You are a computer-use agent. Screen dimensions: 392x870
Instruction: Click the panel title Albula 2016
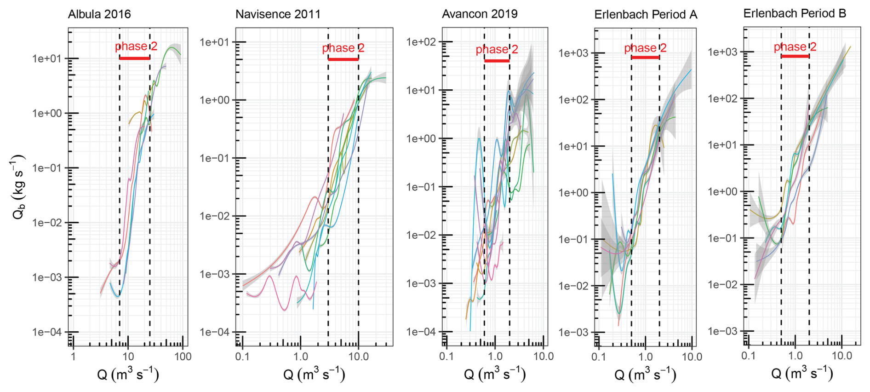click(99, 14)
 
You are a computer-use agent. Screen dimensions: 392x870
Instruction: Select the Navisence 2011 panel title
click(278, 14)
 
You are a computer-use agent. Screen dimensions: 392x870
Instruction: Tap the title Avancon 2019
click(480, 14)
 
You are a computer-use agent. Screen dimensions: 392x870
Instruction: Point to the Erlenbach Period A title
click(646, 15)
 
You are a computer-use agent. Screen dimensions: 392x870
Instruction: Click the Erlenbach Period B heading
click(795, 13)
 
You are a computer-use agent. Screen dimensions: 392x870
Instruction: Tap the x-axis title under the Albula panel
click(128, 374)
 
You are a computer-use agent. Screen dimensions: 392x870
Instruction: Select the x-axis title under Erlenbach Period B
click(802, 373)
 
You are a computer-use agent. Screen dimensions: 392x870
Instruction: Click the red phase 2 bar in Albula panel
click(134, 58)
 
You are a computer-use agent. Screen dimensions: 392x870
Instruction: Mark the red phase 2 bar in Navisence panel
click(343, 59)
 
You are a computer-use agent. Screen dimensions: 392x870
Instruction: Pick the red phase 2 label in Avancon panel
click(497, 49)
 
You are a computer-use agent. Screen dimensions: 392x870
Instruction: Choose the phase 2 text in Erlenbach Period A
click(645, 48)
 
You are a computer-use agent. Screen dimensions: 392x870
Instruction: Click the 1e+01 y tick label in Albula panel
click(46, 59)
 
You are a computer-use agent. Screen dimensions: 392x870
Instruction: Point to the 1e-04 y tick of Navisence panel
click(215, 332)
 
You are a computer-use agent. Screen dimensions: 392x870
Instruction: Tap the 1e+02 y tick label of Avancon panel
click(421, 42)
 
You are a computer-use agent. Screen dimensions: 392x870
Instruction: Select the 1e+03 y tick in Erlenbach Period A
click(573, 53)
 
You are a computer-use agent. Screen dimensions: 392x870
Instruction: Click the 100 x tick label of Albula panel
click(183, 357)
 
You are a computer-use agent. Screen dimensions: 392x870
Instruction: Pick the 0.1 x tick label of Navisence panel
click(242, 357)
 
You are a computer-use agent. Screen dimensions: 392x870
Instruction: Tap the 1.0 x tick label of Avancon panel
click(495, 357)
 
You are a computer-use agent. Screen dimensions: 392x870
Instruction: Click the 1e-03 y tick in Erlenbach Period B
click(722, 331)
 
